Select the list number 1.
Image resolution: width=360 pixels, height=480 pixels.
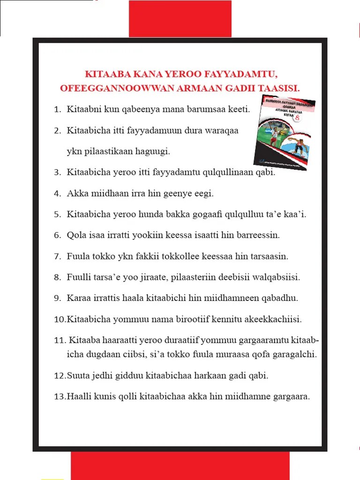(x=57, y=110)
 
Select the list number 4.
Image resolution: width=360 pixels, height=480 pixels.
(x=57, y=193)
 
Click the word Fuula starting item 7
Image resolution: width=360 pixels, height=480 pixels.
(x=77, y=256)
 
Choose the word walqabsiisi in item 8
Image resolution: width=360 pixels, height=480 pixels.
(x=277, y=277)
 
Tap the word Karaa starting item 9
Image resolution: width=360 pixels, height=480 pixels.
(x=78, y=298)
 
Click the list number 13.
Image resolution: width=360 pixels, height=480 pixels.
(x=60, y=397)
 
